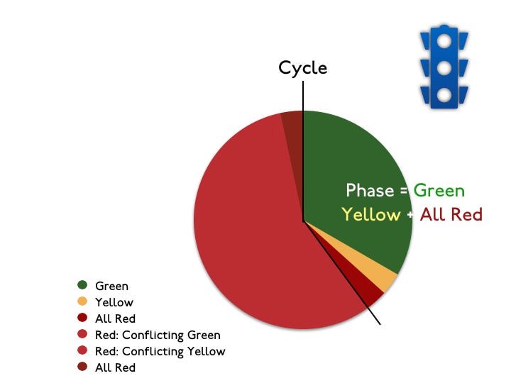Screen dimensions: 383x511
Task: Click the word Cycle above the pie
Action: pyautogui.click(x=302, y=68)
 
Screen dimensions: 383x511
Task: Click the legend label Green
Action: pyautogui.click(x=112, y=286)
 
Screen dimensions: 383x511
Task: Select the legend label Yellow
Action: pyautogui.click(x=114, y=302)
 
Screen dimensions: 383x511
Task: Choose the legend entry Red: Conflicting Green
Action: pyautogui.click(x=158, y=335)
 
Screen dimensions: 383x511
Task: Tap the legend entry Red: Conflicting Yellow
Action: pyautogui.click(x=160, y=351)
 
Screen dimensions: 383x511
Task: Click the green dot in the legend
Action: pyautogui.click(x=82, y=286)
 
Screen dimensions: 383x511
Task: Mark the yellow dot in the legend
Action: pyautogui.click(x=82, y=302)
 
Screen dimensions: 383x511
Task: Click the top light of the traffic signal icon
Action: pyautogui.click(x=444, y=42)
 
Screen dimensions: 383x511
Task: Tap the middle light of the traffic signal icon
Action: pyautogui.click(x=444, y=68)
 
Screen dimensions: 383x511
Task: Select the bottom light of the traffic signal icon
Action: pyautogui.click(x=444, y=94)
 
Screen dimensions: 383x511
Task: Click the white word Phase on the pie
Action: pyautogui.click(x=369, y=191)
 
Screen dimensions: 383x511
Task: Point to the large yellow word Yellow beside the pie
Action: pyautogui.click(x=370, y=214)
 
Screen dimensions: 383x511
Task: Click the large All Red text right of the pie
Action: pyautogui.click(x=451, y=214)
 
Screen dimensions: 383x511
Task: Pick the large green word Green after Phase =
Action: pyautogui.click(x=439, y=191)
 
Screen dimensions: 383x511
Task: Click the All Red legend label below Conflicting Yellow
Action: pyautogui.click(x=115, y=367)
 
